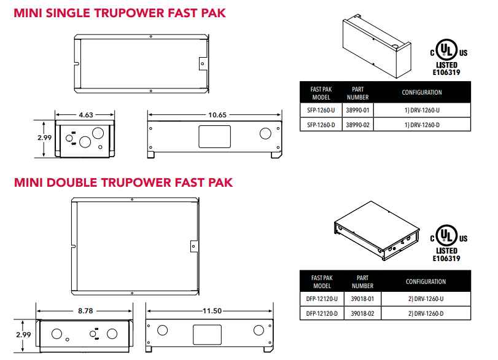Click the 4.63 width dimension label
(86, 115)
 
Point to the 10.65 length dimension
(217, 115)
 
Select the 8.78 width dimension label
(85, 311)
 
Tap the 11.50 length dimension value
(212, 311)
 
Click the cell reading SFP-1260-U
(321, 110)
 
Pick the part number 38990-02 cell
(357, 125)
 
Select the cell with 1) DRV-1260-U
(422, 110)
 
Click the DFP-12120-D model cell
(322, 313)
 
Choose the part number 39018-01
(362, 299)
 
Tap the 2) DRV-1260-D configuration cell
(426, 313)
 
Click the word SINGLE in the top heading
(68, 14)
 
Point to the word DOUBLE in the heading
(71, 182)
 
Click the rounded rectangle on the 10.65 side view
(215, 136)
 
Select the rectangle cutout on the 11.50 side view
(207, 335)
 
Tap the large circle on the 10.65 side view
(265, 134)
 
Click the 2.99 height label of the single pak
(44, 138)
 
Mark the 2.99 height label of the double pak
(23, 335)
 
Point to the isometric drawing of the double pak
(376, 230)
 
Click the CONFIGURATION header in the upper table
(422, 93)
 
